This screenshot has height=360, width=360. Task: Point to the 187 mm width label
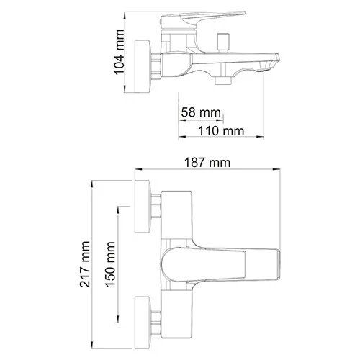207,164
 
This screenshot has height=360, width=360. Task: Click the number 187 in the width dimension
198,164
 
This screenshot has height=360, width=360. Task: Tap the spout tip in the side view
274,60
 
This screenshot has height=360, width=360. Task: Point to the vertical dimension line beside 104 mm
127,50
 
